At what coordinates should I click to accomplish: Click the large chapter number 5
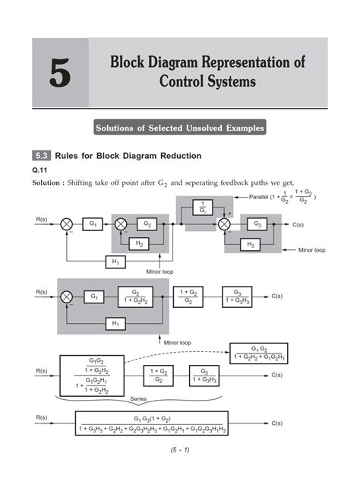click(60, 72)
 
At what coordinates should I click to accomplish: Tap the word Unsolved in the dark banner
click(204, 128)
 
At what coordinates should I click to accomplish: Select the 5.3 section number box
click(42, 156)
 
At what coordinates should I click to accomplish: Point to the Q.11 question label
click(39, 170)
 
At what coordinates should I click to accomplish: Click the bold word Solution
click(46, 182)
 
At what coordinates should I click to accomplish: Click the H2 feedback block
click(139, 244)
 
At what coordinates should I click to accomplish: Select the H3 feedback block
click(251, 244)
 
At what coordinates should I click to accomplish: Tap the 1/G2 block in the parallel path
click(203, 208)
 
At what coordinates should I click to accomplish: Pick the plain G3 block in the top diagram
click(257, 224)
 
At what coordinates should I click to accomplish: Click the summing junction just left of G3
click(224, 224)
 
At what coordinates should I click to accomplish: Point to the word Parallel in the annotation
click(259, 197)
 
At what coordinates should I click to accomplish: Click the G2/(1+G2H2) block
click(135, 297)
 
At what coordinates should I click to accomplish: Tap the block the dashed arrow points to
click(259, 354)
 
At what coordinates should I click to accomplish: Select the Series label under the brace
click(138, 398)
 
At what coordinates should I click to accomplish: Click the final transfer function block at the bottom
click(152, 423)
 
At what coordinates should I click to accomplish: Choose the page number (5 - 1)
click(180, 450)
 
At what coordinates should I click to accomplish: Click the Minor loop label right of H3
click(312, 250)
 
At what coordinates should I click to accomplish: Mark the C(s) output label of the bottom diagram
click(277, 423)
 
